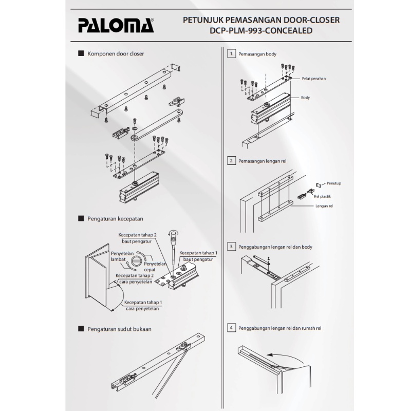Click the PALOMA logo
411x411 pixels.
coord(116,25)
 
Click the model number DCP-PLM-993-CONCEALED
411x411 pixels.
coord(261,31)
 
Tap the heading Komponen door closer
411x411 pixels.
coord(116,54)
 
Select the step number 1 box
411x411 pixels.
coord(232,54)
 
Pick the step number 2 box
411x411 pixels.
coord(232,161)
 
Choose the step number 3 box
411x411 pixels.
coord(232,247)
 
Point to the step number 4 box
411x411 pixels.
coord(232,328)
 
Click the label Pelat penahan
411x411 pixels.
coord(314,79)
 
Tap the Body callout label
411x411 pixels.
coord(305,98)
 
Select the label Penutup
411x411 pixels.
coord(333,183)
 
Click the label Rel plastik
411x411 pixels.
coord(323,196)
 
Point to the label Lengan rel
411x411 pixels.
coord(324,206)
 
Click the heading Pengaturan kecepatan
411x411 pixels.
coord(115,219)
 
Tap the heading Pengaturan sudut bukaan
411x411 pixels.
coord(119,329)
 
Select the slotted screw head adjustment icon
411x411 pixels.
coord(137,261)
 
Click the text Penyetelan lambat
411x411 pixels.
coord(122,256)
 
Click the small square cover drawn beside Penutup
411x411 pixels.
coord(319,185)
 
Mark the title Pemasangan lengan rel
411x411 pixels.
coord(263,161)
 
